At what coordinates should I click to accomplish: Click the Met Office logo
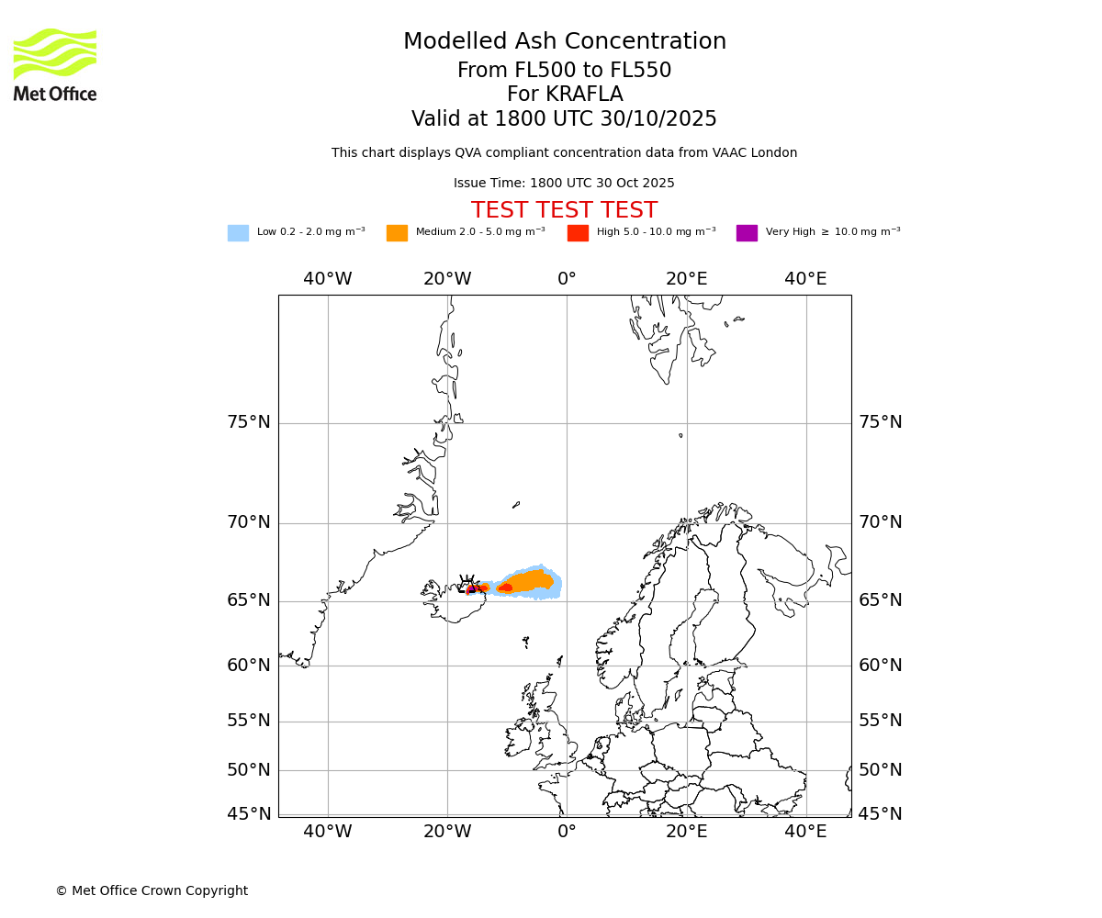coord(55,64)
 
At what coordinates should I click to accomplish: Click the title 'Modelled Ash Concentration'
coord(565,42)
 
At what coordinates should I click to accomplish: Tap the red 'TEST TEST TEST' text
coord(564,210)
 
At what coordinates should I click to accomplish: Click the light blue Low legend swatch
coord(238,233)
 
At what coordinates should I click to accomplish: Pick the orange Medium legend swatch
coord(397,233)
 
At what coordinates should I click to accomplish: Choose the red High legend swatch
coord(578,233)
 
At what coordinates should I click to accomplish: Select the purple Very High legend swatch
coord(747,233)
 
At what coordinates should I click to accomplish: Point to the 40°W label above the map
coord(328,279)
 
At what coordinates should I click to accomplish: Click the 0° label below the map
coord(567,832)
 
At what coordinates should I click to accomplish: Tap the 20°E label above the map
coord(686,279)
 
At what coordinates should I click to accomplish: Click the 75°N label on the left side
coord(249,422)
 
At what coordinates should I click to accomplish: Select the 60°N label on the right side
coord(880,666)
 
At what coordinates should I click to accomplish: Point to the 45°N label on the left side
coord(249,814)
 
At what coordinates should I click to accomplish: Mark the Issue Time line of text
coord(564,184)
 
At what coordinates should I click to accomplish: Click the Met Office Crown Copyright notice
coord(152,890)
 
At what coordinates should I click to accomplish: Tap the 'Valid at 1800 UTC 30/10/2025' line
coord(564,119)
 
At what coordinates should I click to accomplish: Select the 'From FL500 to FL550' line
coord(564,71)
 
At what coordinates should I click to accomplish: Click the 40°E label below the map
coord(805,832)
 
